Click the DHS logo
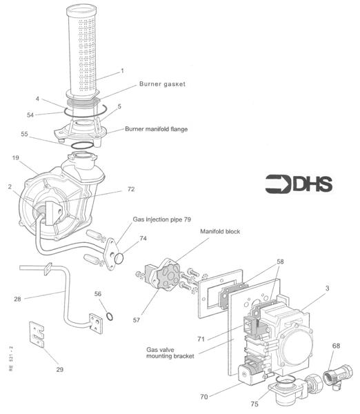[x=299, y=184]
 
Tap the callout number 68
[x=336, y=346]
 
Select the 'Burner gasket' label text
[x=162, y=84]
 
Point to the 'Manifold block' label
[x=220, y=232]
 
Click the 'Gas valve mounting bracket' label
[x=170, y=353]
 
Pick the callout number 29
[x=59, y=369]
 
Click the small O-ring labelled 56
[x=110, y=316]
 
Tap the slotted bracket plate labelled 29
[x=37, y=335]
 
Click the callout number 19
[x=16, y=158]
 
